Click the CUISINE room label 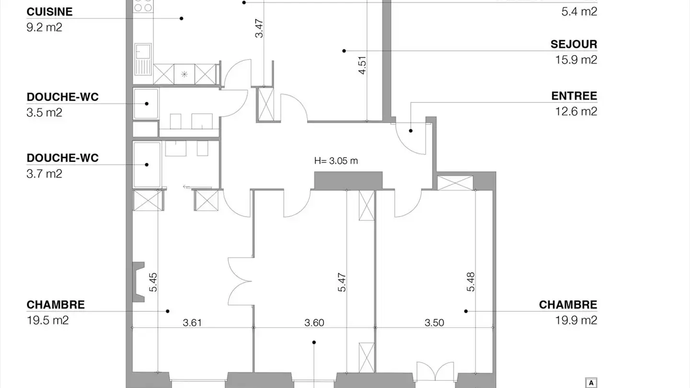[49, 12]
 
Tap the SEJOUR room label [574, 45]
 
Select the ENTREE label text [574, 96]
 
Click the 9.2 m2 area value [44, 27]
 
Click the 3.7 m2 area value [44, 173]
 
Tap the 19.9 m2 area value [576, 320]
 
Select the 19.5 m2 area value [47, 320]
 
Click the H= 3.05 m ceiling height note [336, 161]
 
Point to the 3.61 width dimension [192, 323]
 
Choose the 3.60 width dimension [314, 323]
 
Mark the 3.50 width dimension [435, 323]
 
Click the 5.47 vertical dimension [342, 283]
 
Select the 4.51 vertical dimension [363, 65]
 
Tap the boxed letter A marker [592, 383]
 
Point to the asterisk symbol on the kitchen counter [184, 74]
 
